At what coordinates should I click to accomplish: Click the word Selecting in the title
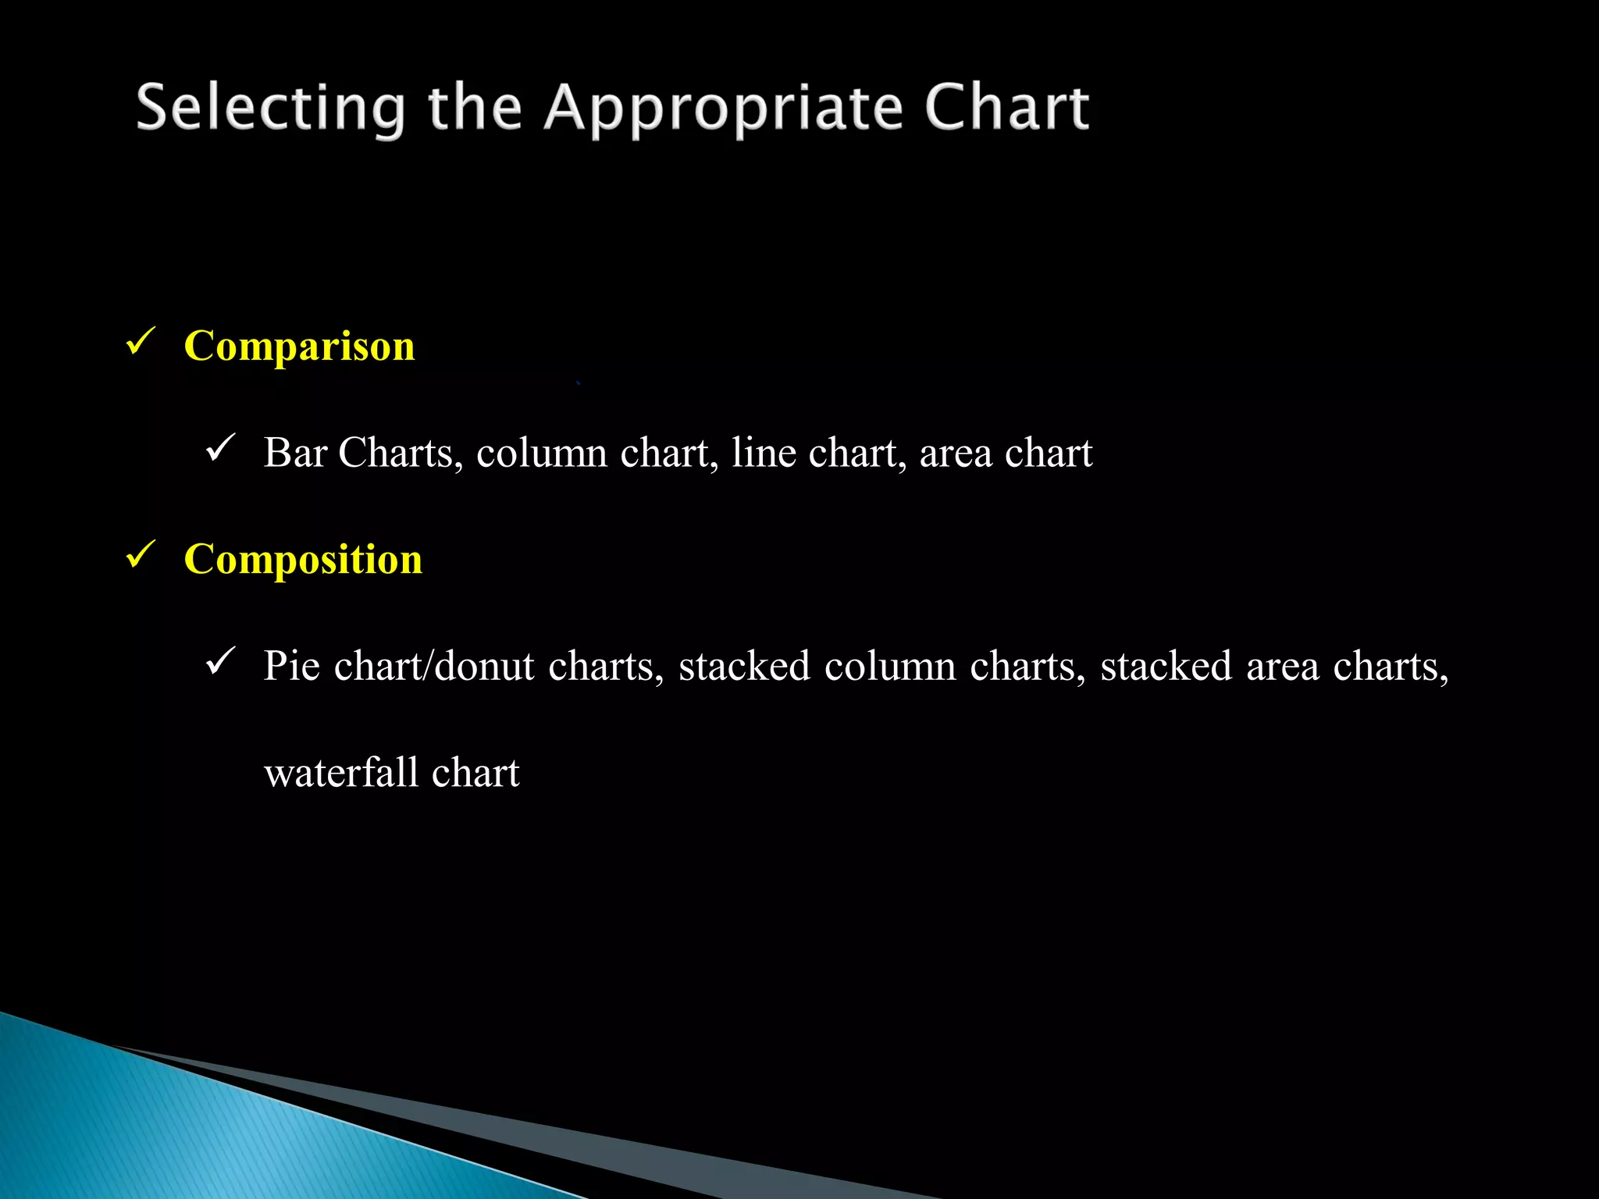(270, 109)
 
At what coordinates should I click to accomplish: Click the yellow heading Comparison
(299, 346)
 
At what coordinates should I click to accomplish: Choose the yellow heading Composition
(303, 559)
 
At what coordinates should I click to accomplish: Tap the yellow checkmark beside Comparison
(141, 342)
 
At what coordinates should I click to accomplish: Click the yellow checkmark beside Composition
(141, 555)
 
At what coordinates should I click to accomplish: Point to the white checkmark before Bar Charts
(221, 449)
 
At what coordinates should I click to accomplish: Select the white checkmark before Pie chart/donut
(221, 662)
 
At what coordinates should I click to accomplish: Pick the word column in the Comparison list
(541, 453)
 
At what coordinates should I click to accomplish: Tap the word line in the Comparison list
(763, 453)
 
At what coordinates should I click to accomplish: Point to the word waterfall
(341, 773)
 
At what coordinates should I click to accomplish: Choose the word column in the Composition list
(890, 666)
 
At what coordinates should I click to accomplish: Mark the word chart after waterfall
(475, 773)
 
